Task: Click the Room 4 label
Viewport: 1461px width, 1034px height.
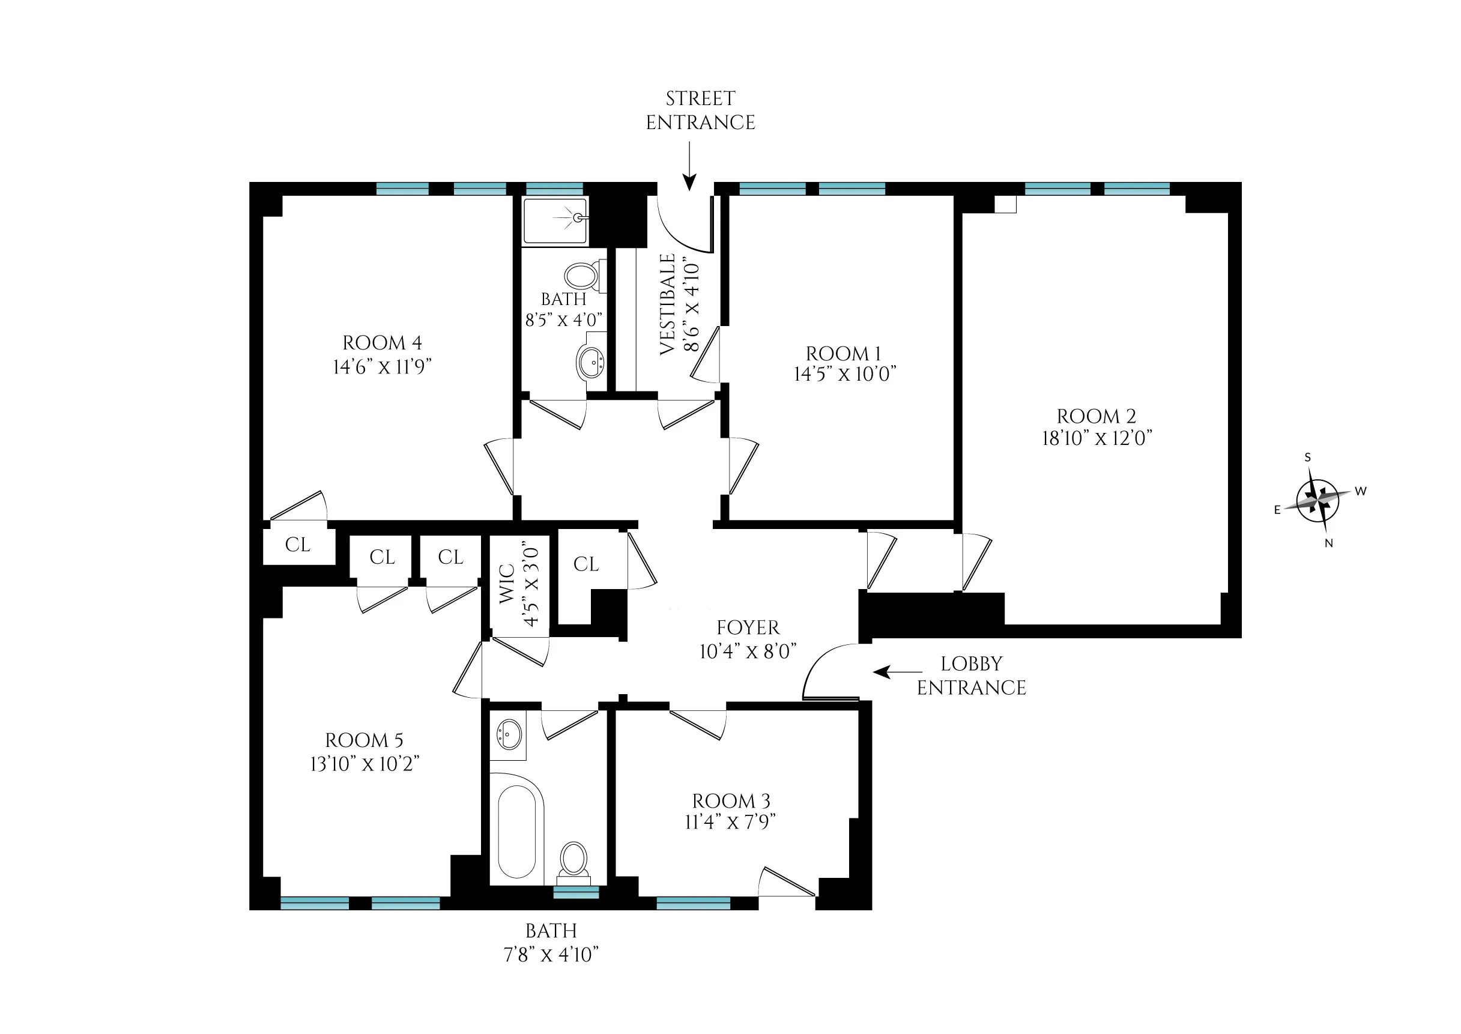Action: click(382, 343)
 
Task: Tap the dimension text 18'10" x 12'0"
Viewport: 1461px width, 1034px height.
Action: click(1097, 439)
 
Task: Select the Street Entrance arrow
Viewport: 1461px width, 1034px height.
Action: click(689, 166)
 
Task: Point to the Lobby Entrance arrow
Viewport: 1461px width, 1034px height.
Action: click(897, 672)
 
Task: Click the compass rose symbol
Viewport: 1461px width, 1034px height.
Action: click(1317, 500)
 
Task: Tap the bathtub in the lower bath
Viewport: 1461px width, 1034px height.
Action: click(517, 832)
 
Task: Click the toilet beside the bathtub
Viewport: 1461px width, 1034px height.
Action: click(573, 859)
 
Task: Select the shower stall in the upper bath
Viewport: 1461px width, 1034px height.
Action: click(554, 220)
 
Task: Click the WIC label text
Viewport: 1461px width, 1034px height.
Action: click(507, 583)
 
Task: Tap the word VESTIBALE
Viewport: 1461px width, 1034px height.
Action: click(667, 304)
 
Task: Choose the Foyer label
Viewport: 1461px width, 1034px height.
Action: click(748, 628)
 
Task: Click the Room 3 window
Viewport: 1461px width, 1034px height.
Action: click(692, 902)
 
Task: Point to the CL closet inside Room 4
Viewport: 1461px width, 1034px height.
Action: click(298, 545)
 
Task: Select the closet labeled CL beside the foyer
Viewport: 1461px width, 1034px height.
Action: click(585, 564)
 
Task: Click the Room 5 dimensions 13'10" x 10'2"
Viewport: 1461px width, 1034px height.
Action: click(364, 764)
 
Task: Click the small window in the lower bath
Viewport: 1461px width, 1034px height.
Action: click(575, 892)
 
